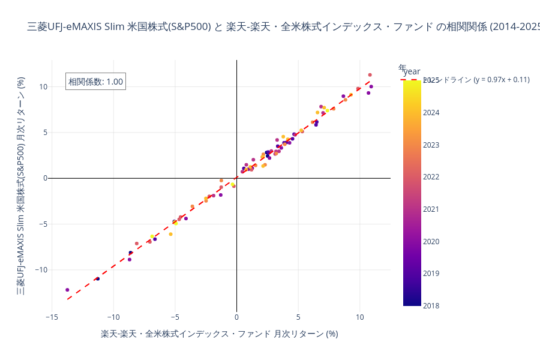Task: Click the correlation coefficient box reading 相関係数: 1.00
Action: (95, 82)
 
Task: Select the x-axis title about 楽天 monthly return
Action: (219, 334)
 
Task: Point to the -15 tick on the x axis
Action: (52, 317)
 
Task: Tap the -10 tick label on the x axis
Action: (113, 317)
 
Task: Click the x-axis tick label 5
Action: (298, 317)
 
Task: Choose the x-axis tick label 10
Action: (360, 317)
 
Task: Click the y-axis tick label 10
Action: (43, 87)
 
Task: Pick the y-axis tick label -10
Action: (41, 270)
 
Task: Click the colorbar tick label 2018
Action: (431, 306)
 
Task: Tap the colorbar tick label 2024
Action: (431, 113)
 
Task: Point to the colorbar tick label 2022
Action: (431, 177)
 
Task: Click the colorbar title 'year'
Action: (412, 71)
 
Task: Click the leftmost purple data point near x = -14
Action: (67, 290)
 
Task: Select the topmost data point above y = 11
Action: (370, 75)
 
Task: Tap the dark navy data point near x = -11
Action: (98, 278)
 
